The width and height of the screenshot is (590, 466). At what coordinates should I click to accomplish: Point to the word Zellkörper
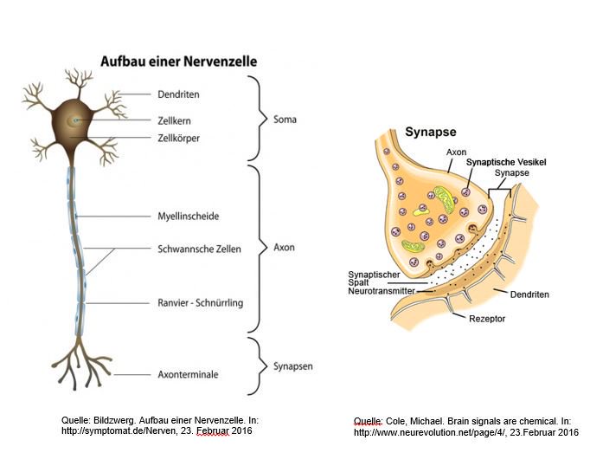(179, 137)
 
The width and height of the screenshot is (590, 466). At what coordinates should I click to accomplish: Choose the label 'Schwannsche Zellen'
(199, 249)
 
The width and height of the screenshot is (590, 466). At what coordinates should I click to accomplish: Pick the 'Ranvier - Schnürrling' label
(201, 304)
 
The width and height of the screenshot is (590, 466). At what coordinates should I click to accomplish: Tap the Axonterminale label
(187, 374)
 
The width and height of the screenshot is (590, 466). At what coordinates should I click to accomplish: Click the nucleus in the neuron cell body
(77, 119)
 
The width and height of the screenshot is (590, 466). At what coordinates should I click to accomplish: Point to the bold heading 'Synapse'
(432, 133)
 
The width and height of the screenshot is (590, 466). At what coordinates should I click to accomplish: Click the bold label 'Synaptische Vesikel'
(506, 162)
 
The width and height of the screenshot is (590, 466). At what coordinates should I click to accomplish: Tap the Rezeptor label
(488, 319)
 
